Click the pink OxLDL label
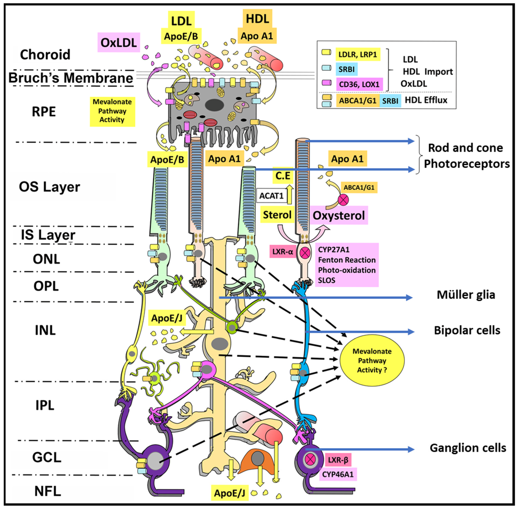click(x=119, y=42)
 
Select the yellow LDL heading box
click(x=181, y=21)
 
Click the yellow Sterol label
click(x=277, y=215)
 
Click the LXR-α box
click(x=282, y=252)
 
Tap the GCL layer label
click(x=47, y=457)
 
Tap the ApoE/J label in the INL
click(x=167, y=318)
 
